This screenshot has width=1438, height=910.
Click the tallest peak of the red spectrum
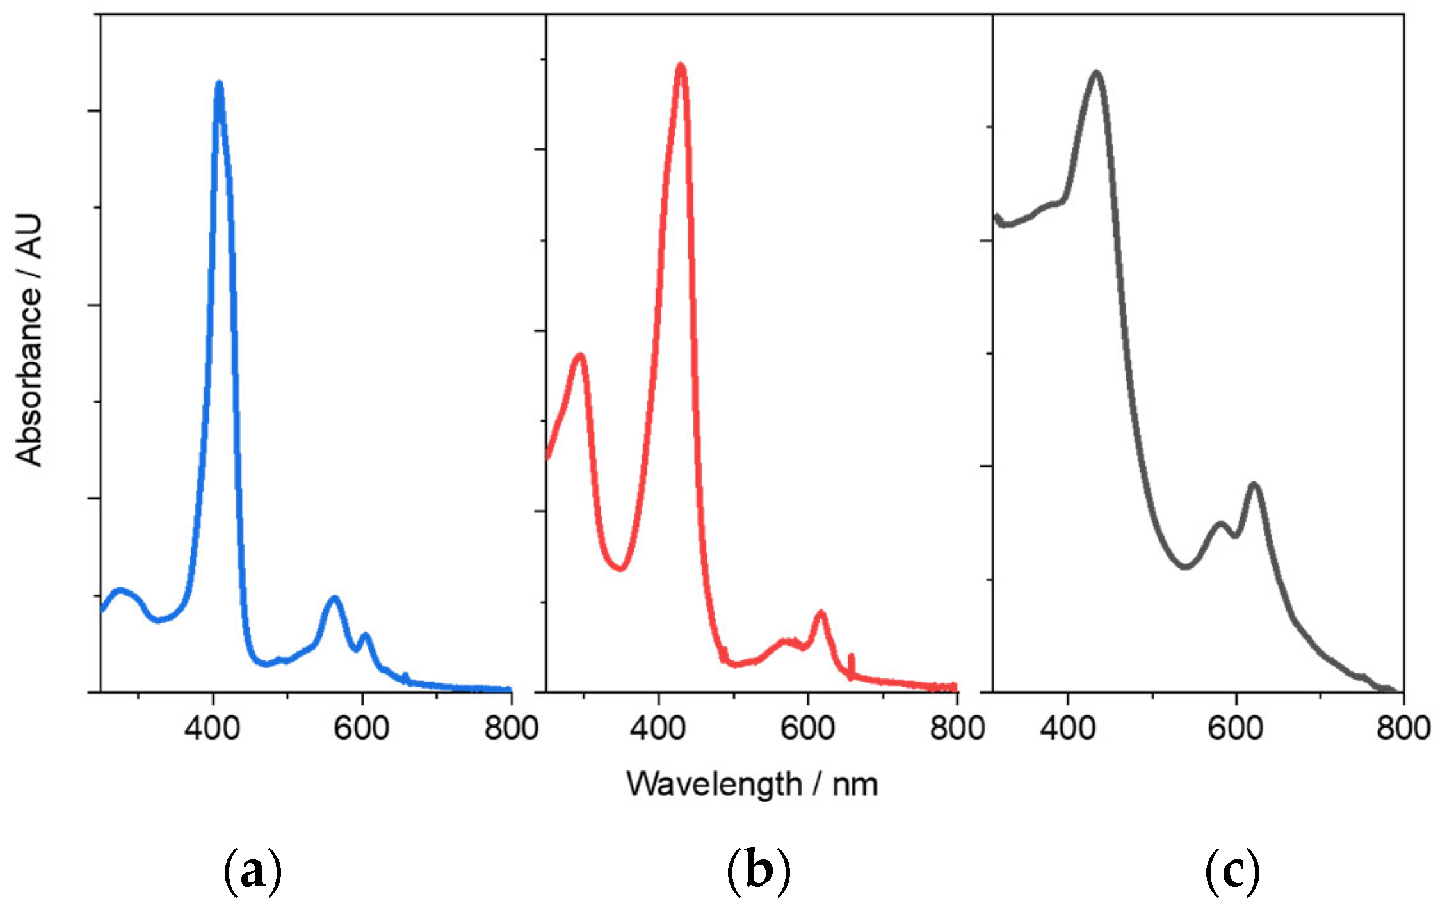point(681,66)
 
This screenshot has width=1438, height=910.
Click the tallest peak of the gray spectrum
point(1097,74)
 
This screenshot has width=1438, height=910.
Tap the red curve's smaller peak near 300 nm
point(581,356)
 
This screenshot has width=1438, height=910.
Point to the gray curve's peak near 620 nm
point(1254,486)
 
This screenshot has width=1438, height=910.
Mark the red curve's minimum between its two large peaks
point(620,567)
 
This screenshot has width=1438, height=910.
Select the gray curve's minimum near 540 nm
point(1186,566)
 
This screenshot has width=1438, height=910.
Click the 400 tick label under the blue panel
point(212,728)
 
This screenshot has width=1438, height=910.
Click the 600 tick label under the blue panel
point(362,728)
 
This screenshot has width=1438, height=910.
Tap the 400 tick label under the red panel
point(658,728)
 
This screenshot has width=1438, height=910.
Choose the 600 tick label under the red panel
point(807,728)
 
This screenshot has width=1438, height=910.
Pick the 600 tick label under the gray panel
point(1235,728)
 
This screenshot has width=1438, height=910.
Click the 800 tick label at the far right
point(1402,728)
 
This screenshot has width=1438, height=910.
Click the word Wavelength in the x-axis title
point(714,785)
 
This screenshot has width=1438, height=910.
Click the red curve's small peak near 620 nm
point(820,614)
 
